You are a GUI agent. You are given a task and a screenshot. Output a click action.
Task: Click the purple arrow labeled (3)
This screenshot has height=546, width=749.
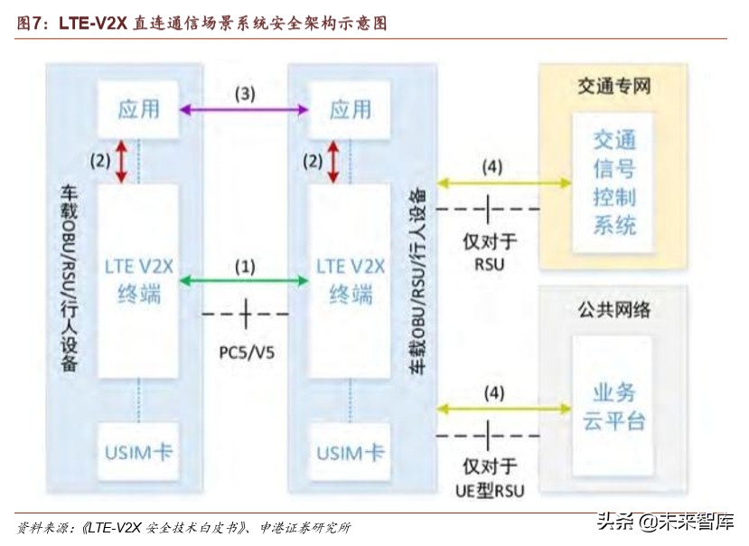point(245,109)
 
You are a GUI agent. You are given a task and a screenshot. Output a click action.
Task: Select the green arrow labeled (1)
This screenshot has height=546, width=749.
point(245,281)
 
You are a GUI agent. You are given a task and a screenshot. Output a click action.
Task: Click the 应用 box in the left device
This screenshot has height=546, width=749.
point(138,109)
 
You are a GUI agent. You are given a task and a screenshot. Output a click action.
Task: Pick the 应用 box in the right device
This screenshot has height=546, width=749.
point(350,109)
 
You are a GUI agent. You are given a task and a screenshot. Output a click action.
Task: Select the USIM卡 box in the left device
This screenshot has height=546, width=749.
point(138,452)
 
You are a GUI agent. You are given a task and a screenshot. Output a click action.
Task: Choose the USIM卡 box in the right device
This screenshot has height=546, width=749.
point(350,452)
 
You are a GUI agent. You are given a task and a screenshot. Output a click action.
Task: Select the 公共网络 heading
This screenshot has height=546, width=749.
point(614,310)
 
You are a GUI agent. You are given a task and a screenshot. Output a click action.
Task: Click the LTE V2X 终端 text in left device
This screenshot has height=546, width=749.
point(138,280)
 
